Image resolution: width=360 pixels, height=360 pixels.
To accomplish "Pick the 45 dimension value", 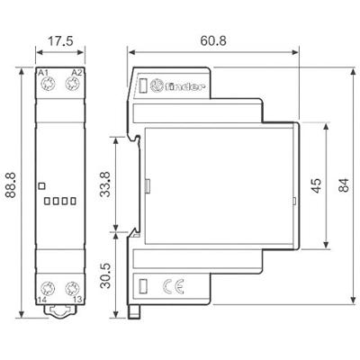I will (x=315, y=184).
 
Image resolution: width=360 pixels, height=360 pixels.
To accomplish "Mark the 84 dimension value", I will (x=344, y=184).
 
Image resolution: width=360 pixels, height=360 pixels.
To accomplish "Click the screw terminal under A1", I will (x=45, y=86).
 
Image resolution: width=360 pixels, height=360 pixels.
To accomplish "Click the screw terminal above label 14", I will (x=45, y=289).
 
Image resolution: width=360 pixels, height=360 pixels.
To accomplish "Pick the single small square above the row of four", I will (x=41, y=185).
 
